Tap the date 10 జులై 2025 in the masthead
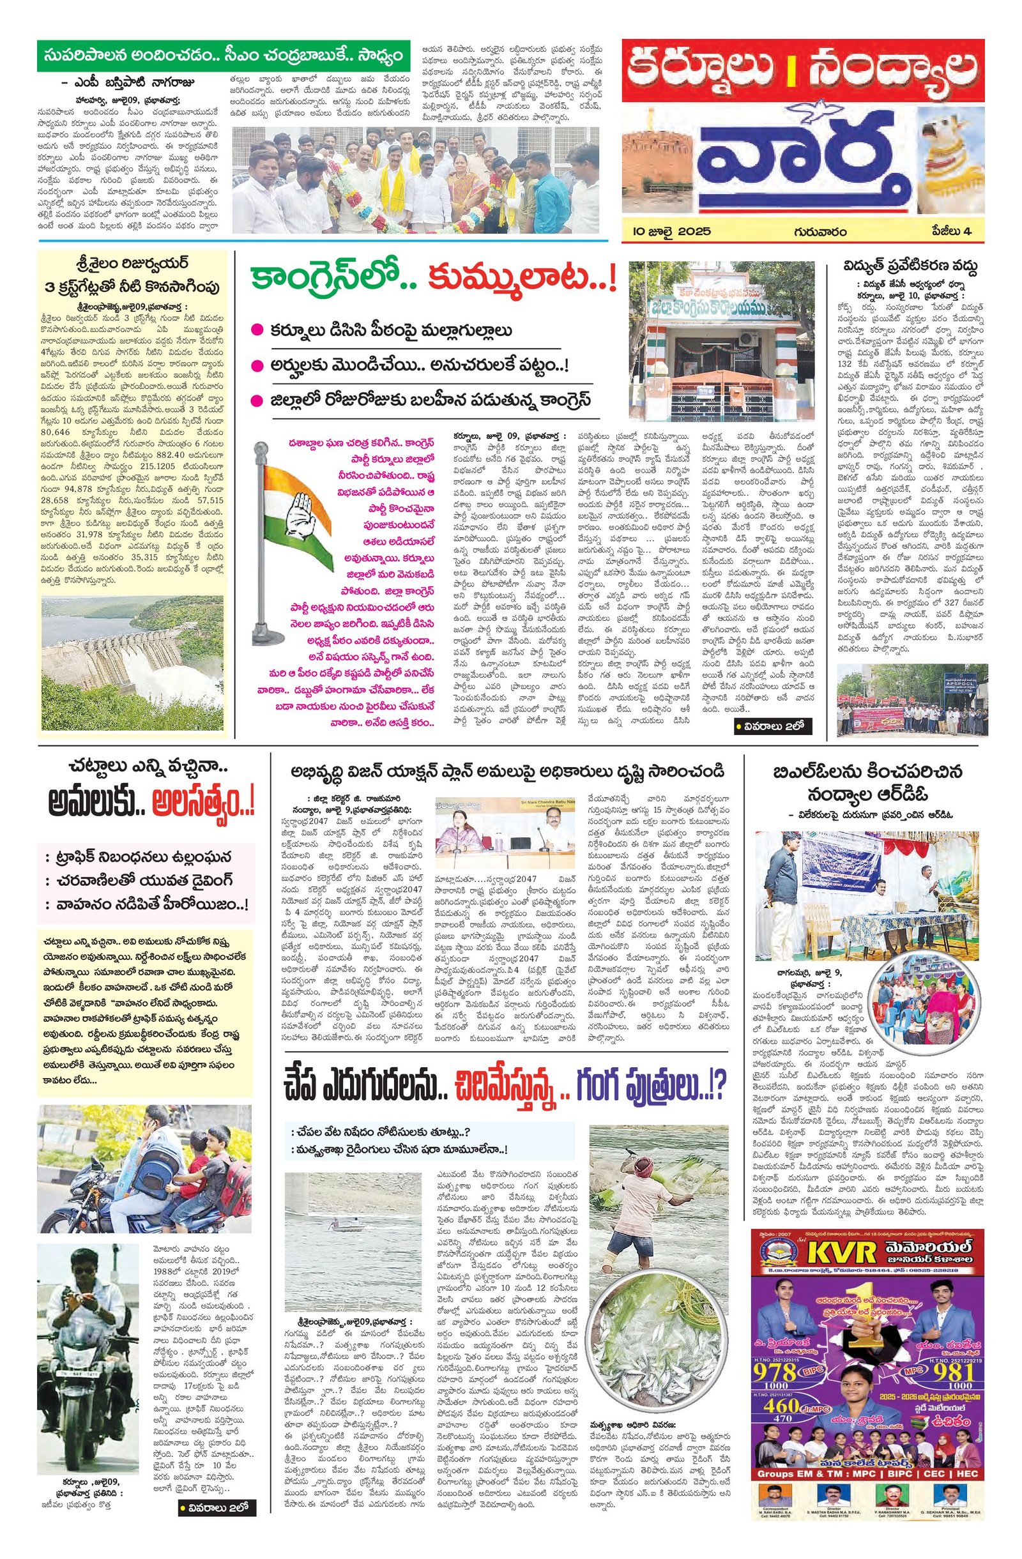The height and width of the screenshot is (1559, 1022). click(667, 232)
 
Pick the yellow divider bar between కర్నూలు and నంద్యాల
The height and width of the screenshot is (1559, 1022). click(803, 71)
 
